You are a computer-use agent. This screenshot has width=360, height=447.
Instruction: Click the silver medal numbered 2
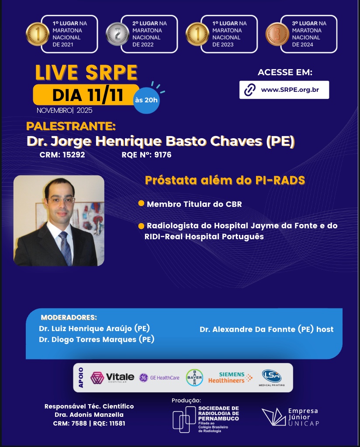(x=118, y=34)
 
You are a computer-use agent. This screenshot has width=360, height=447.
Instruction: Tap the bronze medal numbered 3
(x=277, y=34)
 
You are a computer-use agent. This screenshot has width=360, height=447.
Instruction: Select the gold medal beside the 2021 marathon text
(x=38, y=34)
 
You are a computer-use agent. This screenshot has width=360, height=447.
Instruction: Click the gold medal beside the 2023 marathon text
(x=197, y=34)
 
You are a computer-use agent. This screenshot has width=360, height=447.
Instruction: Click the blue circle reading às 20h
(x=146, y=100)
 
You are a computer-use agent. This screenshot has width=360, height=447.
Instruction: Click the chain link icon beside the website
(x=250, y=90)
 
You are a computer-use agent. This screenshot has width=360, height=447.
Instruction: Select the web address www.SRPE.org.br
(x=290, y=90)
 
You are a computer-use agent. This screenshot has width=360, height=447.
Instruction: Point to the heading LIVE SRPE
(x=87, y=73)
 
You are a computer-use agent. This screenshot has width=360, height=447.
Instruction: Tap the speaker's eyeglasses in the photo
(x=62, y=199)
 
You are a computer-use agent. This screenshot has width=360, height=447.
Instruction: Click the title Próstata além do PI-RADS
(x=225, y=180)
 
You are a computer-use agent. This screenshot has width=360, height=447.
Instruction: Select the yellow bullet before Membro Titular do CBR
(x=141, y=203)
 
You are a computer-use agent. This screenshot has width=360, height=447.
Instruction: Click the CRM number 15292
(x=74, y=155)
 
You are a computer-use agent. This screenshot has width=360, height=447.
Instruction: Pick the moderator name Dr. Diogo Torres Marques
(x=97, y=339)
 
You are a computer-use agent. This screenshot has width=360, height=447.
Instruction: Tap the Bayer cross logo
(x=194, y=377)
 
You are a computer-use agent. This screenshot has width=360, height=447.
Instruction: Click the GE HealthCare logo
(x=159, y=378)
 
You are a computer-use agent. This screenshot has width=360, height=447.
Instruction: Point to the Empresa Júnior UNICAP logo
(x=290, y=417)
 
